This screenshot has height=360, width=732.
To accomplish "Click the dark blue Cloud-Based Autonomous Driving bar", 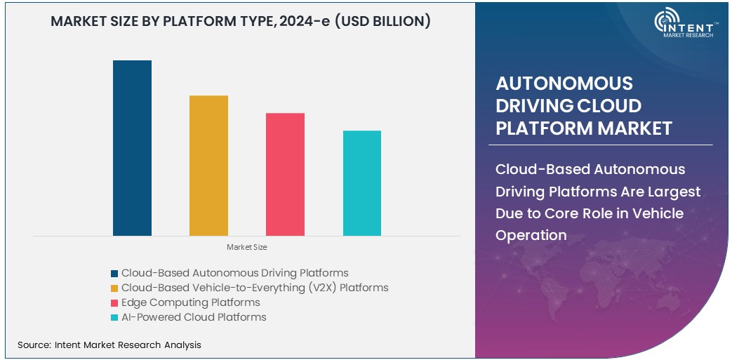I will [132, 148].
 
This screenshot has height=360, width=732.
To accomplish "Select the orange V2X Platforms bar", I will [208, 166].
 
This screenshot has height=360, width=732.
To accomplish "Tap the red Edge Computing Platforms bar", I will [285, 174].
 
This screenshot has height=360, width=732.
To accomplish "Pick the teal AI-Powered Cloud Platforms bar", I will [362, 183].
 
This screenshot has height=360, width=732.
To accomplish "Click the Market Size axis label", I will [246, 247].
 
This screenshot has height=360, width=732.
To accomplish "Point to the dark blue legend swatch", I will [114, 274].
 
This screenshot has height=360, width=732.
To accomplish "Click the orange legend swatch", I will [114, 288].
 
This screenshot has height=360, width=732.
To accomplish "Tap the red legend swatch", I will [114, 303].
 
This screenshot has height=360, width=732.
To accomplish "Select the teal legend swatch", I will [114, 318].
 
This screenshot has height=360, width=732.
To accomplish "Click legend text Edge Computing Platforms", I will [190, 302].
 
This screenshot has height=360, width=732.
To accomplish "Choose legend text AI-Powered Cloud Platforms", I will [194, 317].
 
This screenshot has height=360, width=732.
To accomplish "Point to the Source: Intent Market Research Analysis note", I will [109, 345].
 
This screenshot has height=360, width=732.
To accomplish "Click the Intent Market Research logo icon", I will [667, 22].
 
